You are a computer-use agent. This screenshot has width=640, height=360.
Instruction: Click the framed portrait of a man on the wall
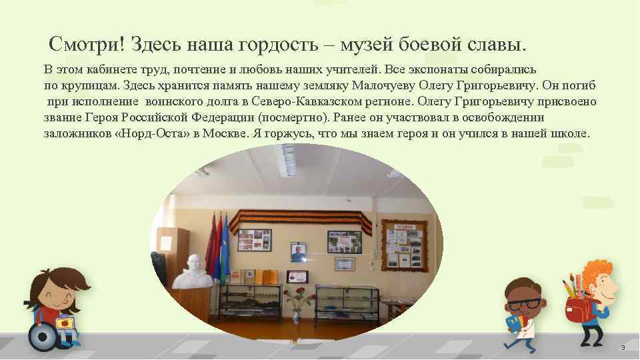pos(298,253)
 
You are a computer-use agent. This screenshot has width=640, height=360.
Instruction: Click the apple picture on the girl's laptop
pos(65,323)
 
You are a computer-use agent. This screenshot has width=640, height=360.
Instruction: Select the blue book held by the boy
pos(513,325)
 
